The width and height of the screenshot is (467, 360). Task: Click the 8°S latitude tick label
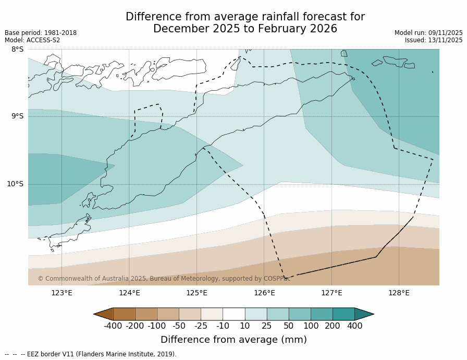tap(17, 50)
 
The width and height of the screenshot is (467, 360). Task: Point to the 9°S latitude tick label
tap(17, 116)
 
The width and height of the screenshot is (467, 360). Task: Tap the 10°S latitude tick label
tap(15, 184)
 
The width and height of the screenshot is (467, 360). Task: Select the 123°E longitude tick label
tap(62, 293)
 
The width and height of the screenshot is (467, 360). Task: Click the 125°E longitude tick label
tap(196, 293)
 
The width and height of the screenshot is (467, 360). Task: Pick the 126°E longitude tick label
tap(264, 293)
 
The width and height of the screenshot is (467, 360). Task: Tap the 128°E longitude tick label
tap(399, 293)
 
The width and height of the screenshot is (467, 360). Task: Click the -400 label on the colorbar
tap(113, 326)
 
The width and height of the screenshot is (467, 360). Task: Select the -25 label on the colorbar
tap(200, 326)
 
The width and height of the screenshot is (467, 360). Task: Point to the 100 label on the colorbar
tap(311, 326)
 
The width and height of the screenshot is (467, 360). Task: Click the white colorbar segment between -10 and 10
tap(233, 314)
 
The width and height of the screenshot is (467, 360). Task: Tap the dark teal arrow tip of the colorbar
tap(364, 314)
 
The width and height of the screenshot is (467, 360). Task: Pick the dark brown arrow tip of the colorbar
tap(103, 314)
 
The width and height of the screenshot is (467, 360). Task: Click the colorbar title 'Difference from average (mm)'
tap(233, 340)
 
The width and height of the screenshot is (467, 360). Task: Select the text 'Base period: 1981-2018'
tap(41, 33)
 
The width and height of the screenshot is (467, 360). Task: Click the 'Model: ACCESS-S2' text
tap(32, 40)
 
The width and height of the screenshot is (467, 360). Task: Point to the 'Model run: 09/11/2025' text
tap(428, 33)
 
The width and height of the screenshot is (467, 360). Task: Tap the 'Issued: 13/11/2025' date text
tap(434, 40)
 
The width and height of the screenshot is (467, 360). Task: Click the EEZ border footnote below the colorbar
tap(91, 354)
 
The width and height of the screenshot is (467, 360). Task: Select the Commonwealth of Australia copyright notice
tap(164, 279)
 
